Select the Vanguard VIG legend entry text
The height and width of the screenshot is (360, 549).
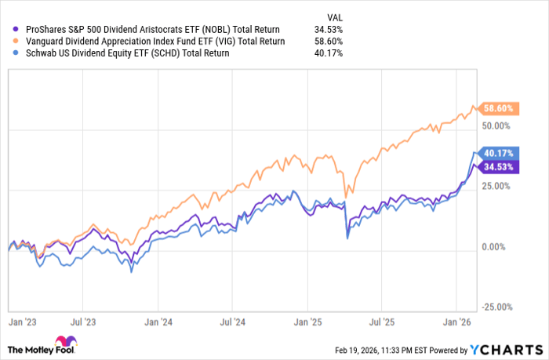point(149,41)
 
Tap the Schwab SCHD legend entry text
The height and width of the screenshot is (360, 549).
point(122,53)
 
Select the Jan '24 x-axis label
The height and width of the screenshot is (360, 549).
point(161,322)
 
